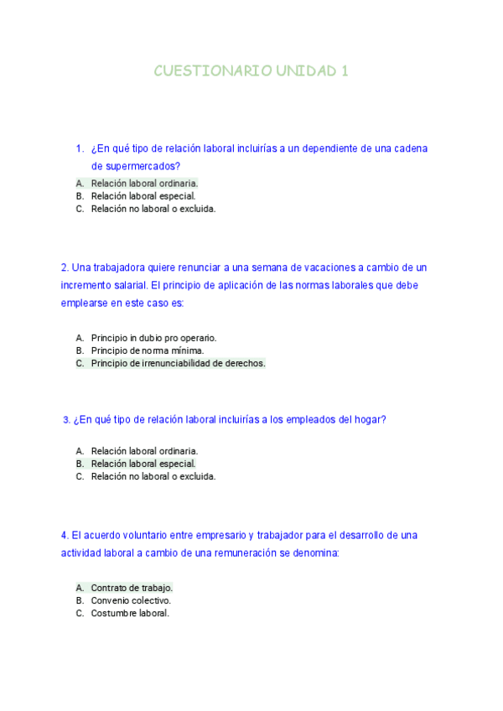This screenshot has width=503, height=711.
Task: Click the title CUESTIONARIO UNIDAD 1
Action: click(x=251, y=71)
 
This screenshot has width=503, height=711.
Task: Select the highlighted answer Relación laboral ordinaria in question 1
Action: click(x=144, y=183)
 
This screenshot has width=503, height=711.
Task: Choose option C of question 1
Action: click(x=153, y=209)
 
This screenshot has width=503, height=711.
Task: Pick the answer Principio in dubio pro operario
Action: click(x=153, y=337)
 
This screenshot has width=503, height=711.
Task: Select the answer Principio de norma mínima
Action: click(x=148, y=350)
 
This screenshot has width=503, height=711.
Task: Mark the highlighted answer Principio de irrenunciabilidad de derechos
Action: click(x=178, y=363)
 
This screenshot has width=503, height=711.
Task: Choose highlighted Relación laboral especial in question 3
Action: click(x=143, y=464)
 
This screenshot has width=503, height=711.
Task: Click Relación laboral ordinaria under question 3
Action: click(x=144, y=450)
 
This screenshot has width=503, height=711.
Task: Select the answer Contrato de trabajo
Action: click(x=132, y=588)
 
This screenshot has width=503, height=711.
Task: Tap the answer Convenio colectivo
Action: click(x=131, y=600)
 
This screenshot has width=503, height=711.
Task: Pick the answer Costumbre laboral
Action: click(x=130, y=613)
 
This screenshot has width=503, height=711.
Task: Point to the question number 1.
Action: click(x=79, y=148)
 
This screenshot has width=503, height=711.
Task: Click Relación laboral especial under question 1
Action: click(x=143, y=196)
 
